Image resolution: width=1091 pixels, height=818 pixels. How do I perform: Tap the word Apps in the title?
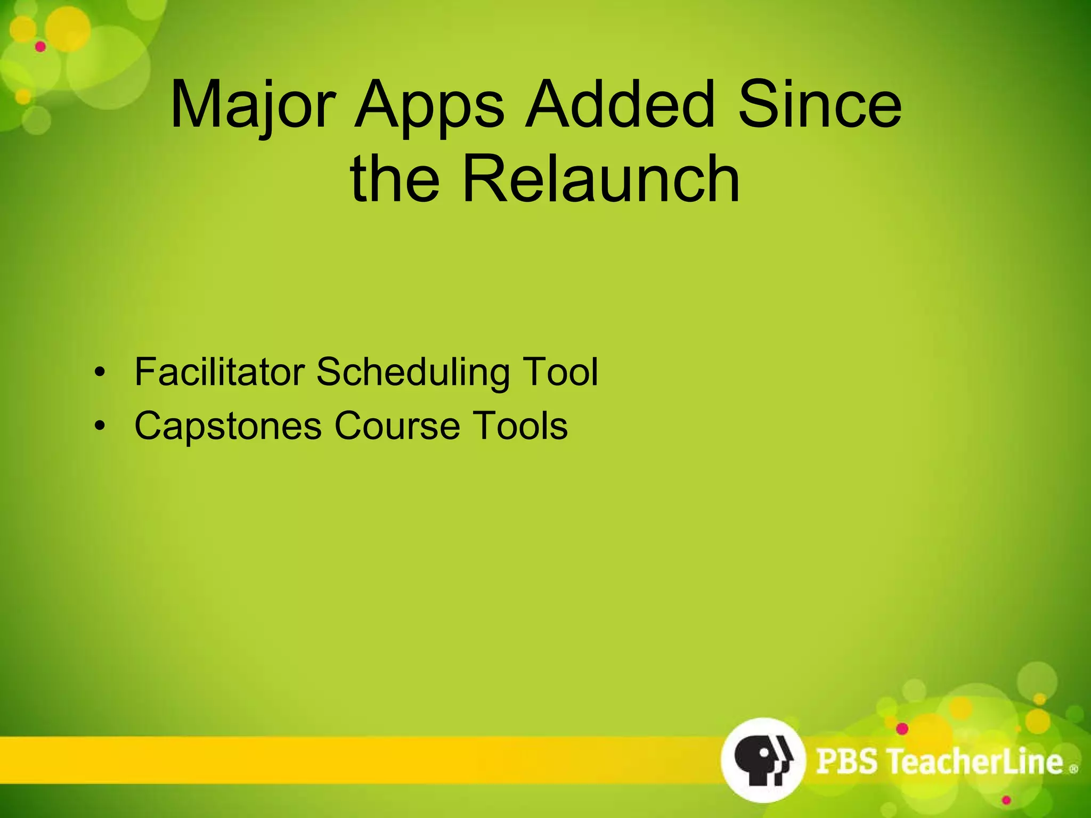point(429,104)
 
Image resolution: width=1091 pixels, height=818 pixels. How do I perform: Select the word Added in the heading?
point(618,104)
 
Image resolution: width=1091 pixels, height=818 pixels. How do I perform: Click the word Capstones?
point(228,426)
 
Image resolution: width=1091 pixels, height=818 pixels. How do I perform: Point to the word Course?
point(397,426)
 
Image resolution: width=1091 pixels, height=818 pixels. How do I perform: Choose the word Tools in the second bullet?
point(521,426)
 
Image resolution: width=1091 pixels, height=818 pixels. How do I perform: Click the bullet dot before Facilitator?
point(99,372)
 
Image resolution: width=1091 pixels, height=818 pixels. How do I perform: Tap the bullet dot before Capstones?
point(99,426)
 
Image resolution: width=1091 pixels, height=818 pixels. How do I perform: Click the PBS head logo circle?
point(762,759)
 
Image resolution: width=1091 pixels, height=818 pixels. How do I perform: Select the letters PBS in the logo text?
point(846,760)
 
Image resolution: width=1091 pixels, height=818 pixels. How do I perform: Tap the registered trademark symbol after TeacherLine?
point(1073,768)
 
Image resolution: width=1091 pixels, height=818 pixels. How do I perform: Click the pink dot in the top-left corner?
point(40,47)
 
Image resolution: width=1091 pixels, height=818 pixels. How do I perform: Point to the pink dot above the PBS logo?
point(902,728)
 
